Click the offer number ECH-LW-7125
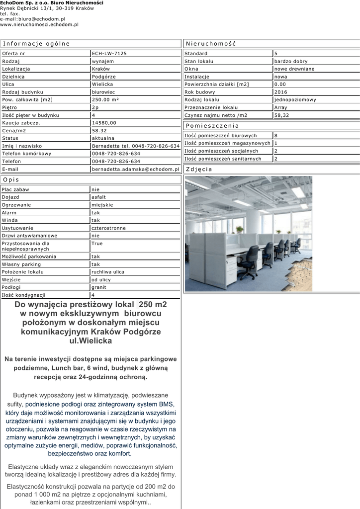109,54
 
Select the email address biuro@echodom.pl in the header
41,19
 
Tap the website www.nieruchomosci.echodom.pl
39,24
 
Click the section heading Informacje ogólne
36,44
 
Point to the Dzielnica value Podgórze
103,77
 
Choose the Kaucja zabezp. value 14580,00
104,123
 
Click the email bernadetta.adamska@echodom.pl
135,169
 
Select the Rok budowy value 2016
281,92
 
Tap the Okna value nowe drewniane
294,69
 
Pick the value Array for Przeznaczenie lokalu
281,107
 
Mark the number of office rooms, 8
276,135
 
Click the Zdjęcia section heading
199,170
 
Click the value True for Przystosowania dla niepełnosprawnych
97,244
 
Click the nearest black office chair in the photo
249,261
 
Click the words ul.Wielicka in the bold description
90,341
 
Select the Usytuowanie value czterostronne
108,228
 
